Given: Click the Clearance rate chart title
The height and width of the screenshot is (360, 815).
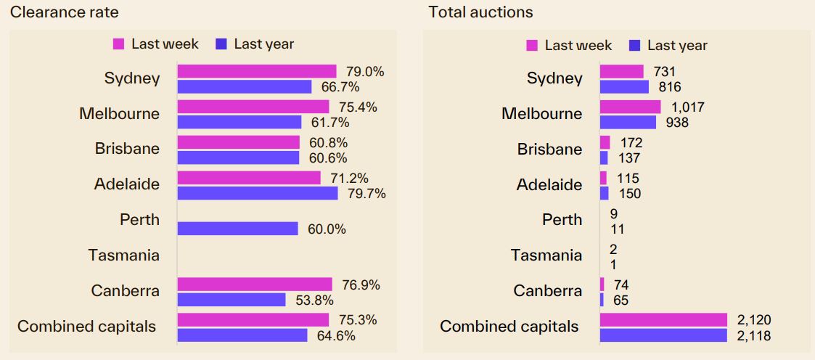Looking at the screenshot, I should [x=64, y=12].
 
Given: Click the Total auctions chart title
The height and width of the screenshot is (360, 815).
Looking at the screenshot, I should [x=480, y=12].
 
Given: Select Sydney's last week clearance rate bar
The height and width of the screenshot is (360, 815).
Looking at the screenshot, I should [x=257, y=71].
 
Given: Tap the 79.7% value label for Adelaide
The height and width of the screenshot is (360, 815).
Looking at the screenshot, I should [x=367, y=194].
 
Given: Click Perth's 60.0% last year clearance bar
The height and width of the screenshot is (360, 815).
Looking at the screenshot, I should [x=237, y=229].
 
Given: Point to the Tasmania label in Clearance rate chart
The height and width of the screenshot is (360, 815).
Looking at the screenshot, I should [x=123, y=255].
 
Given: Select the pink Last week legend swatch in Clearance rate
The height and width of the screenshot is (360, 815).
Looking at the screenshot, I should [x=119, y=44].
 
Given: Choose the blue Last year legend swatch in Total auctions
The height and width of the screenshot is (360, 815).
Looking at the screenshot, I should [x=635, y=46].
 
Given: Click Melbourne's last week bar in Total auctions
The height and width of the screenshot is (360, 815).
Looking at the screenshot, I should [x=630, y=107].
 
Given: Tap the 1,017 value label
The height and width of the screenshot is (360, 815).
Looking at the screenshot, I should [x=687, y=107].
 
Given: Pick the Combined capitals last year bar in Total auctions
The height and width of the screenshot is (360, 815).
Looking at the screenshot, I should [x=663, y=335].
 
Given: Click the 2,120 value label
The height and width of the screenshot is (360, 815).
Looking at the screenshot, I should [x=753, y=320].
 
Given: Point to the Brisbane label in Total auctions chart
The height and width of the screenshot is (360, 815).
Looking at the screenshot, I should [x=549, y=150].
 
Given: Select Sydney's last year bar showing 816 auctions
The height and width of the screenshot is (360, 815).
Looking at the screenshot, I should [x=624, y=87].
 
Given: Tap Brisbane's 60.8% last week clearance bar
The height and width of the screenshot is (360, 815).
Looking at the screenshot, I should [x=238, y=142].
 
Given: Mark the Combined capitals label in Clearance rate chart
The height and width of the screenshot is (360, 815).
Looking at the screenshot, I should [x=86, y=327].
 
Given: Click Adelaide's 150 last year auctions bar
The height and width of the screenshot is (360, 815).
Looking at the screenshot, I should [x=604, y=193].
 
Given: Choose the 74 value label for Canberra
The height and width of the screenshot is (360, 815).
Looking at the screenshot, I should [x=621, y=285].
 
